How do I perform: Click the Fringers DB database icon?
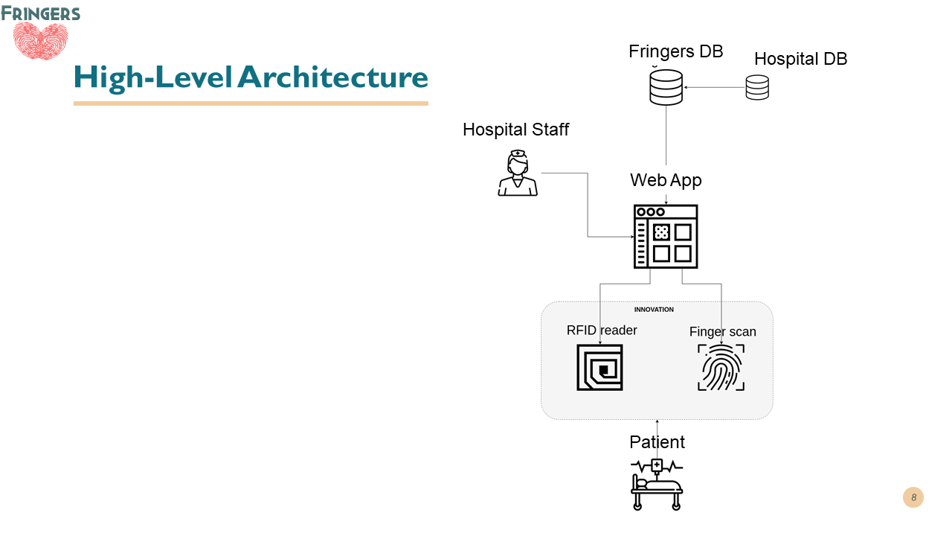[666, 87]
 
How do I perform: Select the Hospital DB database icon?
[757, 87]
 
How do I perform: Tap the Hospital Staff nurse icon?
[517, 173]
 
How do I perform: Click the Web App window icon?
[666, 236]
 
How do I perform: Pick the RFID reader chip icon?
[599, 367]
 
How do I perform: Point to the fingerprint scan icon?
[721, 367]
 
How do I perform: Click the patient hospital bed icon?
[657, 484]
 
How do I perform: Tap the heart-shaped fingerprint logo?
[41, 40]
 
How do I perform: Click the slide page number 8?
[913, 497]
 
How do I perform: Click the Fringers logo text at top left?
[41, 13]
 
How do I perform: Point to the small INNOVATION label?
[654, 310]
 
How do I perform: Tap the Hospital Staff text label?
[515, 130]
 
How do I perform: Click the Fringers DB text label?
[675, 51]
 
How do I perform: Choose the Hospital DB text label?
[800, 59]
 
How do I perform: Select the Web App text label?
[666, 180]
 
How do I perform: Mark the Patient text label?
[657, 442]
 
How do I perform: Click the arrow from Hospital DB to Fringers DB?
[715, 88]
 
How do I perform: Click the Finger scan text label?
[722, 332]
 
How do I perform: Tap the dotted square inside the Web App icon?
[661, 232]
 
